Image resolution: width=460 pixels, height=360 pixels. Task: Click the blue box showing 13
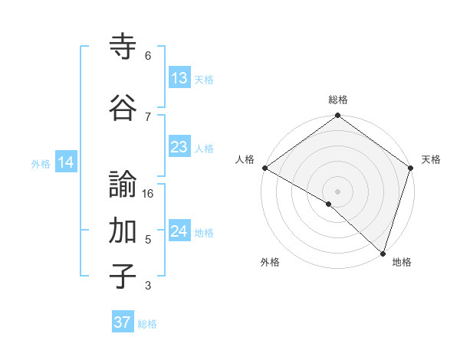(x=179, y=78)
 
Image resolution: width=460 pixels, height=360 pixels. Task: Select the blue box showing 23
(x=179, y=147)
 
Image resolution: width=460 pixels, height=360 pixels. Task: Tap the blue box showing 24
(x=179, y=231)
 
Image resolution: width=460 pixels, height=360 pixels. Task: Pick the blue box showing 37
(x=122, y=322)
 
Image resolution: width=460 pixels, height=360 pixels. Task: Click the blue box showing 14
(x=65, y=162)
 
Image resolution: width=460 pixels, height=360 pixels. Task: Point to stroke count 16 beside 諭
(x=148, y=194)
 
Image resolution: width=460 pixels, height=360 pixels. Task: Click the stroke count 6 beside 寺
(x=147, y=56)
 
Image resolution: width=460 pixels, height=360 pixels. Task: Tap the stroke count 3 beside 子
(x=147, y=286)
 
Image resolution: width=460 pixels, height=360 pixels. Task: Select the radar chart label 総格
(x=337, y=100)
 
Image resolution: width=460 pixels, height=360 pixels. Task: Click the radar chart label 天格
(x=431, y=159)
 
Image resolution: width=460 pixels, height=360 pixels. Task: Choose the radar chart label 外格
(x=270, y=262)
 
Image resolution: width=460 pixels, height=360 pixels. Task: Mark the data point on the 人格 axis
(x=264, y=168)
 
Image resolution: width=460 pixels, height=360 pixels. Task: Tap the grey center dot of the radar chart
(x=337, y=191)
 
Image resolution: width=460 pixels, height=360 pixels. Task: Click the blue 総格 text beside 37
(x=147, y=324)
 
